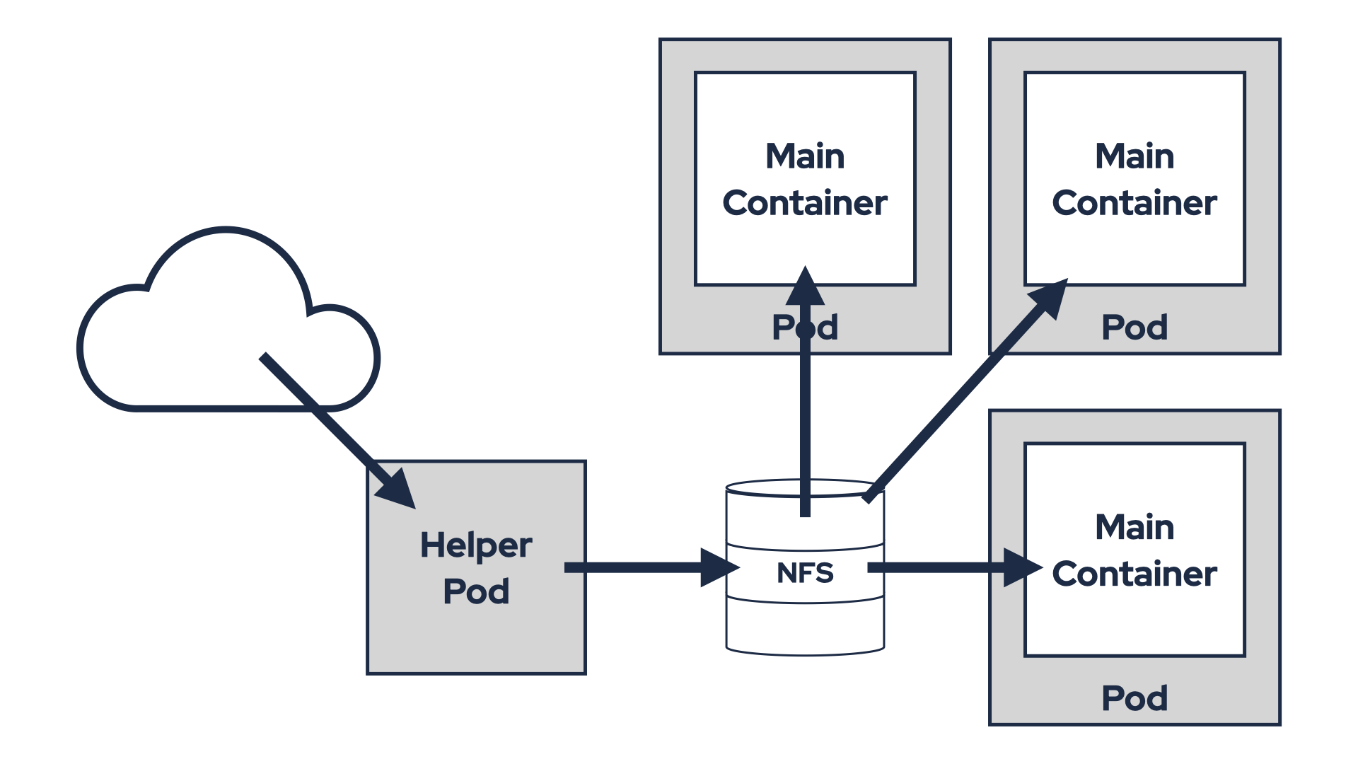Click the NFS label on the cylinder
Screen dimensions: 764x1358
coord(805,573)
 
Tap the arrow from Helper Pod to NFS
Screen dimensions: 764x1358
coord(637,567)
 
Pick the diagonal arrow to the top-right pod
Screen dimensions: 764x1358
coord(962,396)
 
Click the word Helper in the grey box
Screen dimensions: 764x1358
coord(475,545)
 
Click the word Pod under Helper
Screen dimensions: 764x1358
coord(475,591)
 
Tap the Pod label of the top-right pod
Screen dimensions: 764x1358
coord(1134,328)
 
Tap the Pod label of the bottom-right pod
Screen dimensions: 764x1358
coord(1134,698)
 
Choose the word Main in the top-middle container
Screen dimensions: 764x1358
coord(805,156)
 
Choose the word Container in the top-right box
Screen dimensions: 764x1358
coord(1134,203)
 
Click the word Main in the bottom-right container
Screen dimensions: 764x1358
coord(1134,527)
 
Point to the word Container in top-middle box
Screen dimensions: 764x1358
coord(805,203)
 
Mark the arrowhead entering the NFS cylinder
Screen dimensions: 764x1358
coord(718,567)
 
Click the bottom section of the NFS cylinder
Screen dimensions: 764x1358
coord(805,626)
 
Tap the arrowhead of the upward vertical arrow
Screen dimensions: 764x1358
coord(805,286)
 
